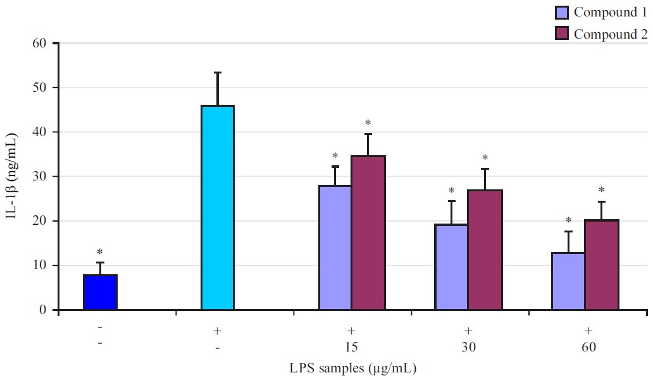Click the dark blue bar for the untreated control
tap(100, 293)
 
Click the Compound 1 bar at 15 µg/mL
tap(335, 248)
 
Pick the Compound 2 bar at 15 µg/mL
tap(368, 233)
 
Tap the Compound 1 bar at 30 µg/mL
tap(451, 267)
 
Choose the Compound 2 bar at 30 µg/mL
tap(485, 250)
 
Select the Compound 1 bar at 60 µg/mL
tap(568, 281)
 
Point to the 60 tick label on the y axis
tap(40, 43)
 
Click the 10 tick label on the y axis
tap(40, 265)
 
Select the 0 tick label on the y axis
tap(44, 310)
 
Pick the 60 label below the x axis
tap(587, 348)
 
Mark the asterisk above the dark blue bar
tap(99, 253)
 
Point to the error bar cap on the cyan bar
tap(218, 73)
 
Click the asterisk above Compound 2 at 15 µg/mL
tap(368, 123)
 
